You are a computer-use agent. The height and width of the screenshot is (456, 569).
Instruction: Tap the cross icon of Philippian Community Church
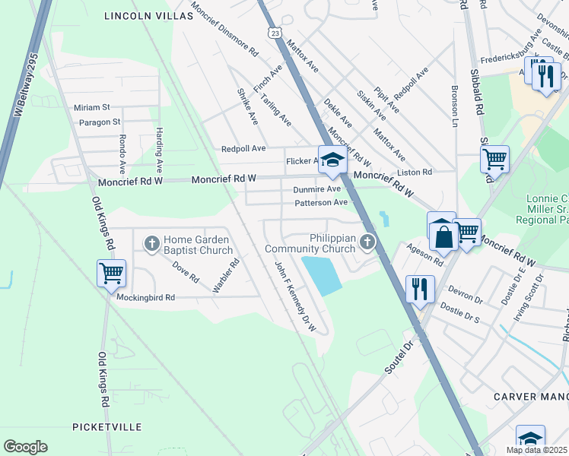[x=368, y=243]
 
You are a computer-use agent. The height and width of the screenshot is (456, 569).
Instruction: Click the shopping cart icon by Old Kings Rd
[x=112, y=273]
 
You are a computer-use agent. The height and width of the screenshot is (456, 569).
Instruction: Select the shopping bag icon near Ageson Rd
[x=442, y=236]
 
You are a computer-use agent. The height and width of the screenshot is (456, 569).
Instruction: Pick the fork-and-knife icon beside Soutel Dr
[x=419, y=289]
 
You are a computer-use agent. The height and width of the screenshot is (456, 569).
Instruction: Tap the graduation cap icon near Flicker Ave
[x=332, y=160]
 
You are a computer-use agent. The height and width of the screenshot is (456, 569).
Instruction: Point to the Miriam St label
[x=92, y=107]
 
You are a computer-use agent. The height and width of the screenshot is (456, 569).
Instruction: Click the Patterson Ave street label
[x=320, y=203]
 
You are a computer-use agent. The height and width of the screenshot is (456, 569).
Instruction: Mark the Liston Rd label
[x=416, y=173]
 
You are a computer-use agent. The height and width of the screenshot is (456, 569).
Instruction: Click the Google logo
[x=26, y=447]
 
